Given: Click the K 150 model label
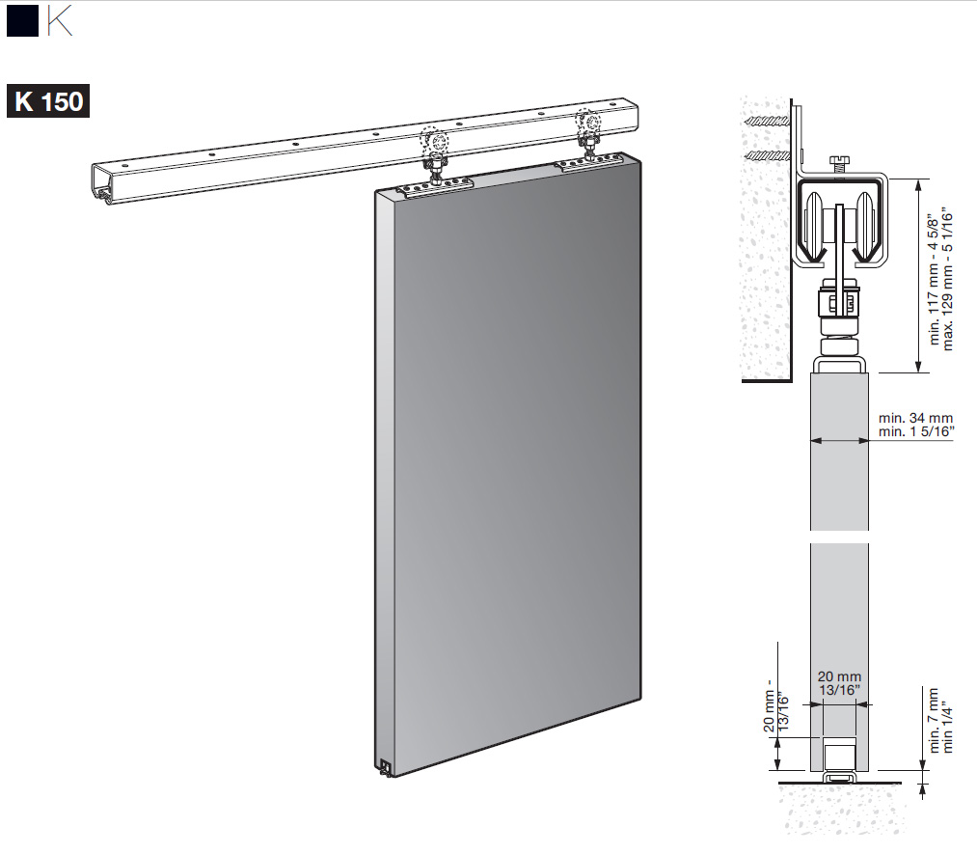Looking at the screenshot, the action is click(x=48, y=101).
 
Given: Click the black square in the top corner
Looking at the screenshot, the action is click(x=22, y=20).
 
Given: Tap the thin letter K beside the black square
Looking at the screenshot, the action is click(x=60, y=20).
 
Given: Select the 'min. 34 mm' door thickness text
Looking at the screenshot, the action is click(x=915, y=418).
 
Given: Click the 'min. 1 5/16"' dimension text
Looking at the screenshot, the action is click(x=916, y=431).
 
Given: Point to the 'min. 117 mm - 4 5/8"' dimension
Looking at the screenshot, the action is click(x=934, y=280).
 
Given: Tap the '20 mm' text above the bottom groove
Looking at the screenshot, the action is click(x=839, y=676).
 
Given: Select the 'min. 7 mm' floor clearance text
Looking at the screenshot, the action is click(x=934, y=720).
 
